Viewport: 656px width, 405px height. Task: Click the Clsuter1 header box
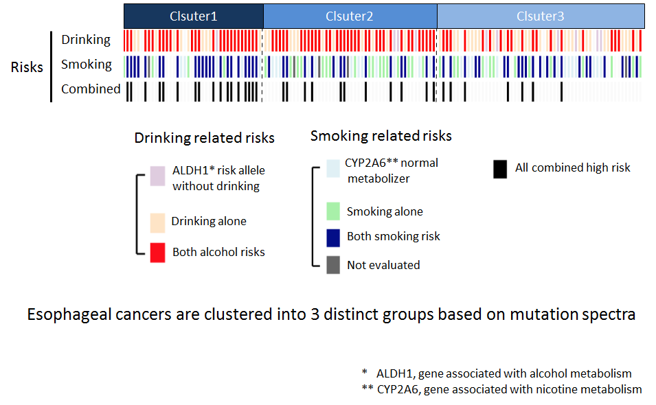tap(193, 16)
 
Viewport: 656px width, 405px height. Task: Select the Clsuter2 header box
tap(350, 16)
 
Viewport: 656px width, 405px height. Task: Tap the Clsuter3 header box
tap(541, 16)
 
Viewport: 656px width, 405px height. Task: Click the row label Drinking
tap(86, 40)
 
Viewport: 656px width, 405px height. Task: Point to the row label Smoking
tap(86, 65)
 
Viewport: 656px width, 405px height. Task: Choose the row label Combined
tap(91, 89)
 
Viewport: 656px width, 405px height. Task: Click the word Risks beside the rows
tap(27, 67)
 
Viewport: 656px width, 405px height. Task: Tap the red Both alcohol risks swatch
tap(157, 253)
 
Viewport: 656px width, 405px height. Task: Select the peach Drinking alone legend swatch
tap(157, 222)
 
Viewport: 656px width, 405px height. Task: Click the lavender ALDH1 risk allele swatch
tap(157, 176)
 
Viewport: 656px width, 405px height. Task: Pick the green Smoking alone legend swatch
tap(333, 211)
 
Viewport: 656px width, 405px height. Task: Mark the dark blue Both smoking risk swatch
tap(333, 237)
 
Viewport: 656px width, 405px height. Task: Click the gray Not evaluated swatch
tap(333, 265)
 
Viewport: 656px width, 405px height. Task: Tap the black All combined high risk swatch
tap(500, 169)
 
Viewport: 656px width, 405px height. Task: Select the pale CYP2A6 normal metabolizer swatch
tap(333, 168)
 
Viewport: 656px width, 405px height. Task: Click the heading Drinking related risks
tap(204, 139)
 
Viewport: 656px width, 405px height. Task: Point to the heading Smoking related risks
tap(381, 136)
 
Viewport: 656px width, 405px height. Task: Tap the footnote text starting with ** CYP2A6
tap(501, 389)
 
